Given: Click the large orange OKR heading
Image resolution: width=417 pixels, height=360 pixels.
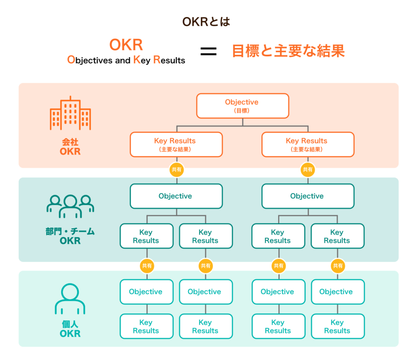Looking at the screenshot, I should pyautogui.click(x=126, y=45).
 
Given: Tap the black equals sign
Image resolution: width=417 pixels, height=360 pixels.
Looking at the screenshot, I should pyautogui.click(x=208, y=51).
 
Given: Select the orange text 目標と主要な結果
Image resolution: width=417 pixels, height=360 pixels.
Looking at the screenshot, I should pyautogui.click(x=288, y=51).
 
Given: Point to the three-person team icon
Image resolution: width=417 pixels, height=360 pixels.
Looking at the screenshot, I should pyautogui.click(x=70, y=205).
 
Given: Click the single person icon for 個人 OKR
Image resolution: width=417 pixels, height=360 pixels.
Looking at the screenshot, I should pyautogui.click(x=70, y=299).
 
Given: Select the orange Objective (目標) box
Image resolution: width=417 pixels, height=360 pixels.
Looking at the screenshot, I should pyautogui.click(x=242, y=106).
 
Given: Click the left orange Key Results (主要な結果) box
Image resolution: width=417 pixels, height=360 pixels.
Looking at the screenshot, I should pyautogui.click(x=176, y=144).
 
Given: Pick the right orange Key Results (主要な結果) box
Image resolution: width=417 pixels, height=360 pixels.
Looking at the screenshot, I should pyautogui.click(x=307, y=144).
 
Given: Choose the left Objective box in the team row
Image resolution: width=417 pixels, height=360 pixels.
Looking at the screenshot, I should pyautogui.click(x=176, y=196).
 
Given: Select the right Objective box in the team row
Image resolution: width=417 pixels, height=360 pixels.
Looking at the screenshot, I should pyautogui.click(x=307, y=196).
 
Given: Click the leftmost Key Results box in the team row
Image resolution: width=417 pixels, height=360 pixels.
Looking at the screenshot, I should pyautogui.click(x=146, y=236).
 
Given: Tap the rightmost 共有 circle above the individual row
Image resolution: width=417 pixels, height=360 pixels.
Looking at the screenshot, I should pyautogui.click(x=338, y=266).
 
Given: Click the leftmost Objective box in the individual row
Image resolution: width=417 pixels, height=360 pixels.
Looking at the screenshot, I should pyautogui.click(x=146, y=292).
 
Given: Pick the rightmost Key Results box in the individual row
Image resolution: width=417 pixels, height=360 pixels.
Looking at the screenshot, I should pyautogui.click(x=338, y=326).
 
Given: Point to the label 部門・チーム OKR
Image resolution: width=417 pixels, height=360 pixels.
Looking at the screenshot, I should pyautogui.click(x=70, y=236).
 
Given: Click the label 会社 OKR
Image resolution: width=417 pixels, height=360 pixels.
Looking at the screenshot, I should pyautogui.click(x=70, y=147).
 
